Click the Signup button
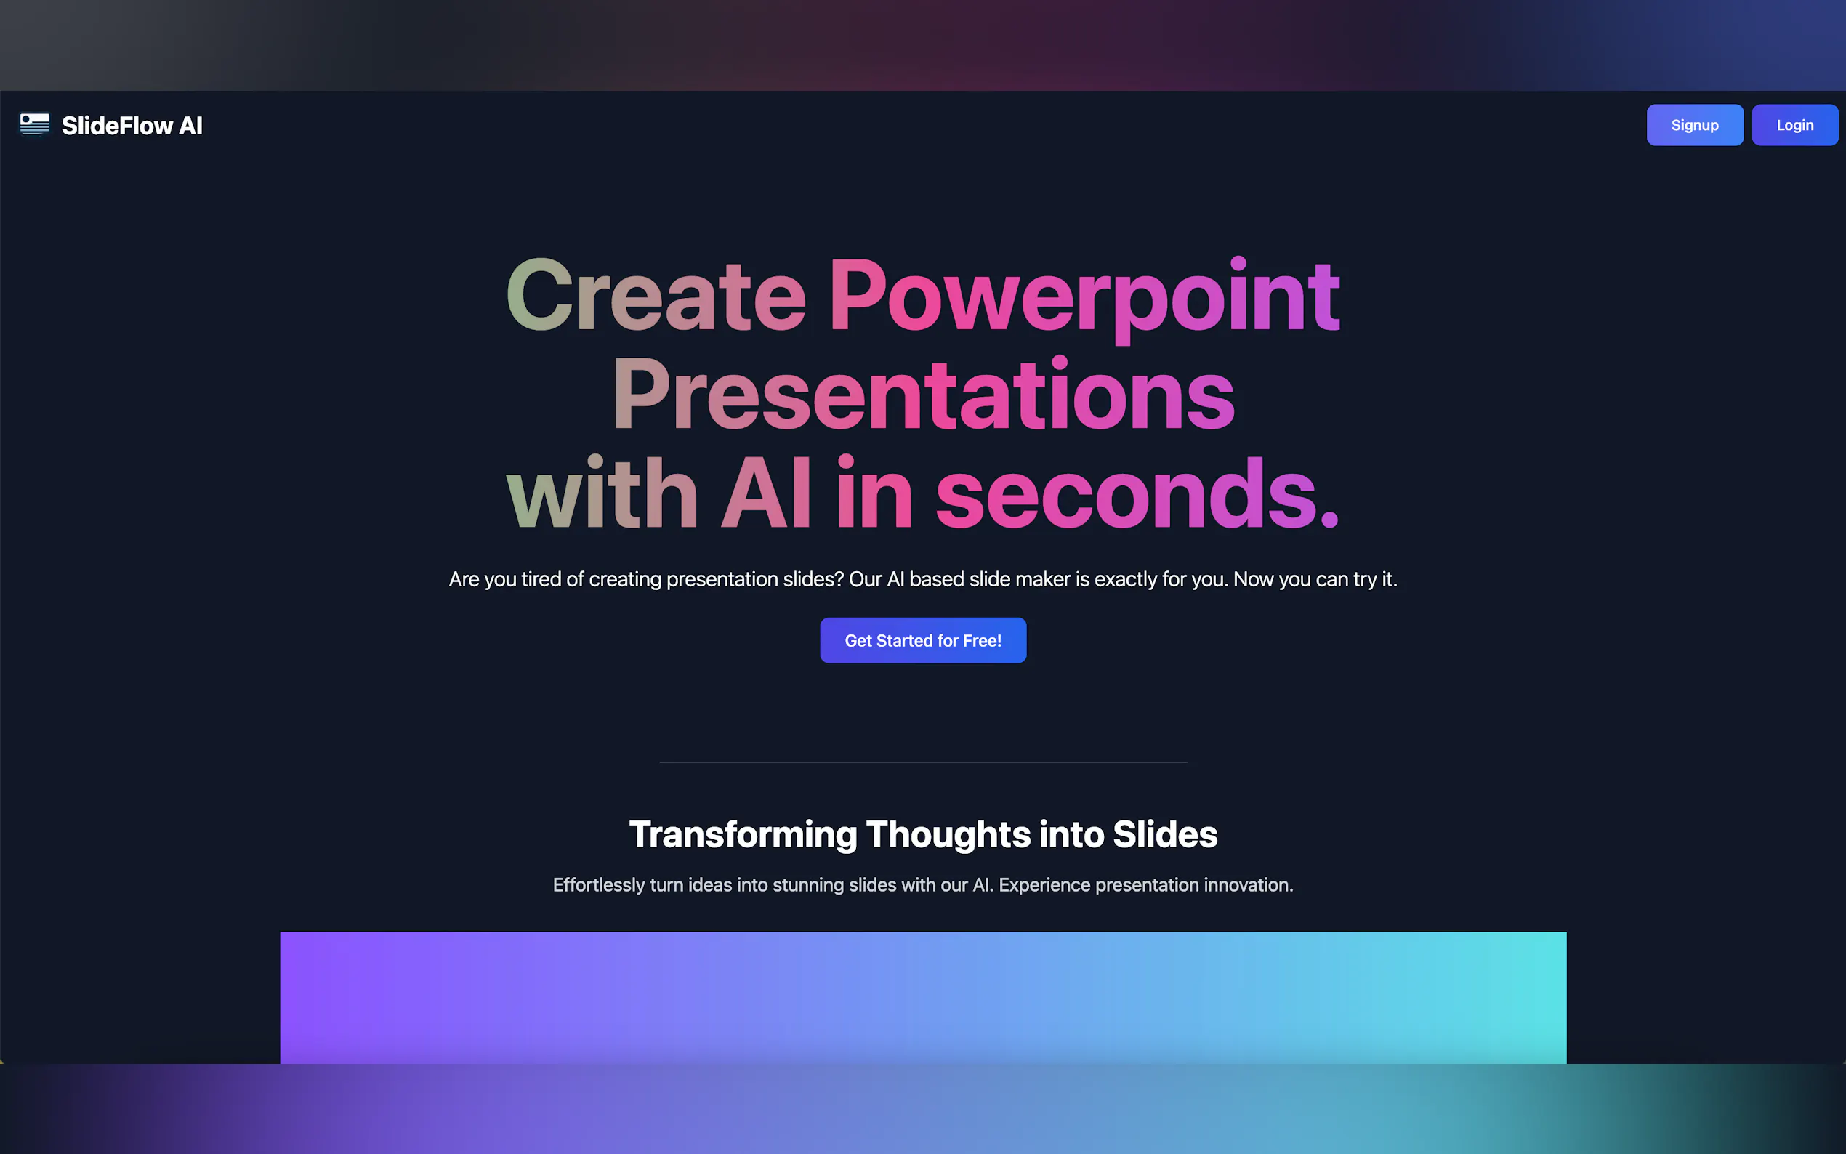point(1694,125)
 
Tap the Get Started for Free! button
point(922,640)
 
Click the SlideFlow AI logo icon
point(34,124)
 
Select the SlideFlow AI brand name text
point(132,126)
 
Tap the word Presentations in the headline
point(922,395)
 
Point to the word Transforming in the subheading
point(743,834)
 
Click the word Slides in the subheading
point(1164,834)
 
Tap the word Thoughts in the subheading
point(948,834)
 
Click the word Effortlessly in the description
point(598,884)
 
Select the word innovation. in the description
point(1248,884)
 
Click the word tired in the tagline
point(541,579)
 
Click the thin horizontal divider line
point(922,762)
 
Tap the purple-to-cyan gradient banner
point(922,997)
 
